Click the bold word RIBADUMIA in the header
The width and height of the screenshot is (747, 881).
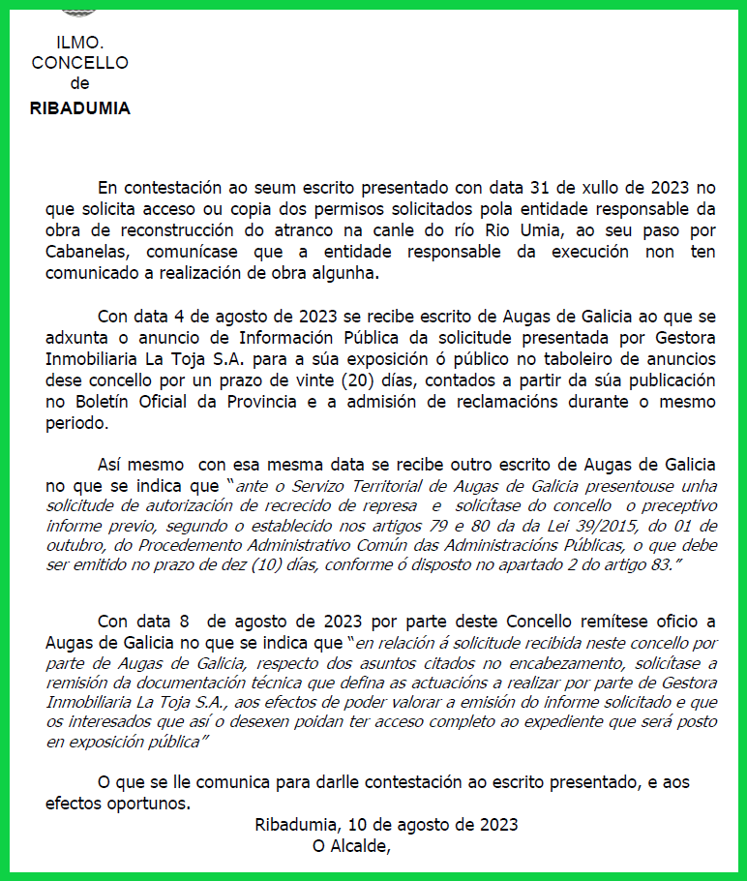coord(80,108)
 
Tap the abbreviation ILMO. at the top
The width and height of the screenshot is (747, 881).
coord(80,44)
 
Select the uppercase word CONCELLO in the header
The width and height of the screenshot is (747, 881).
coord(80,64)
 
